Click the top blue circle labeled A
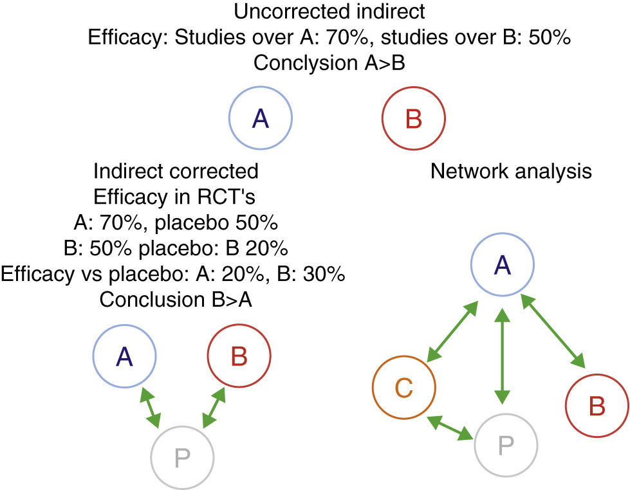coord(261,118)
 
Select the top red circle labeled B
coord(413,118)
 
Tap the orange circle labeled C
coord(404,388)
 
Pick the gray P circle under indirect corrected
coord(182,457)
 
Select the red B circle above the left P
coord(239,358)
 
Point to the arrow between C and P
coord(453,428)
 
